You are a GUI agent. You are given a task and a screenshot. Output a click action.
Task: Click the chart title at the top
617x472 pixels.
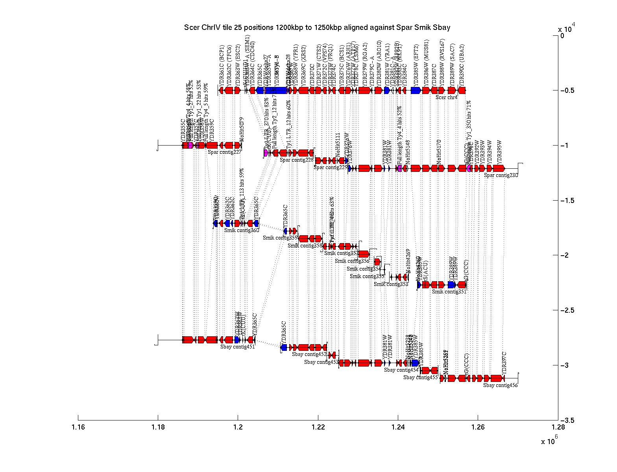click(x=317, y=28)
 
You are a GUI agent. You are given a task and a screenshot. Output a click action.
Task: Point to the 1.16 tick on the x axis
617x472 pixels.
click(x=78, y=428)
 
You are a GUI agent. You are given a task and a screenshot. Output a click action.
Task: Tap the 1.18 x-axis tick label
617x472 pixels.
click(x=158, y=428)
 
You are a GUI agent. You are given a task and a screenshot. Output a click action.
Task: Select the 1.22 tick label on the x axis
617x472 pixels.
click(x=318, y=428)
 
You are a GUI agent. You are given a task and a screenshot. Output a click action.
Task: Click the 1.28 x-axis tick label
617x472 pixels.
click(x=558, y=428)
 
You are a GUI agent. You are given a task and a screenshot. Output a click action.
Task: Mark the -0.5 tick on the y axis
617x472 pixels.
click(x=568, y=90)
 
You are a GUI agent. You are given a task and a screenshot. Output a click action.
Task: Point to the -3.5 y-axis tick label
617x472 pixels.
click(x=568, y=420)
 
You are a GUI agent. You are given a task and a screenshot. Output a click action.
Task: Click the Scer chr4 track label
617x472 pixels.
click(x=447, y=97)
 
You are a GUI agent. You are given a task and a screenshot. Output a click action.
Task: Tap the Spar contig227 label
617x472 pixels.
click(x=224, y=152)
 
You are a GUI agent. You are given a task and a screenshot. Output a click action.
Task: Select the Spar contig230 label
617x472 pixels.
click(x=501, y=175)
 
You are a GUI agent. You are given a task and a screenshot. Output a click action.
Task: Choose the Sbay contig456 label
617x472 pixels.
click(x=500, y=385)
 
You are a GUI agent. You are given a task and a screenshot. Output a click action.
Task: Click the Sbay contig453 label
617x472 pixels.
click(x=321, y=362)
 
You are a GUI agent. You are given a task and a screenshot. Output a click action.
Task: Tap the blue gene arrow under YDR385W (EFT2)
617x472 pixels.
click(x=416, y=90)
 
